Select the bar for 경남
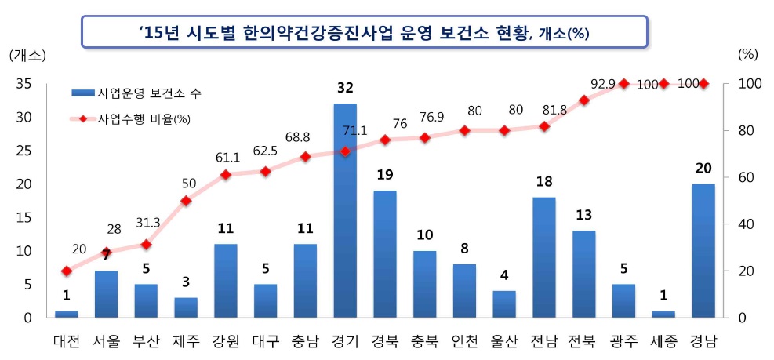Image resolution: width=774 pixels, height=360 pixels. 703,250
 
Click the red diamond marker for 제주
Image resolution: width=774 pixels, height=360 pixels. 186,201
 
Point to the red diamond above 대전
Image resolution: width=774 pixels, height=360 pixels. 67,271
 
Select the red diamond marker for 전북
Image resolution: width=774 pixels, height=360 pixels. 583,100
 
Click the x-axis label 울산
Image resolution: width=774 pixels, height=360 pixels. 503,342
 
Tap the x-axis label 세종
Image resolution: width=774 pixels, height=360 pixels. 663,342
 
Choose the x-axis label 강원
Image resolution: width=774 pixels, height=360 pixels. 225,342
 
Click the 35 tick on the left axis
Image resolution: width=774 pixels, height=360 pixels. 23,84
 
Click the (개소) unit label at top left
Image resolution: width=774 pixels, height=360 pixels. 28,55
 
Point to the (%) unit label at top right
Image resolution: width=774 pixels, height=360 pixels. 748,55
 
